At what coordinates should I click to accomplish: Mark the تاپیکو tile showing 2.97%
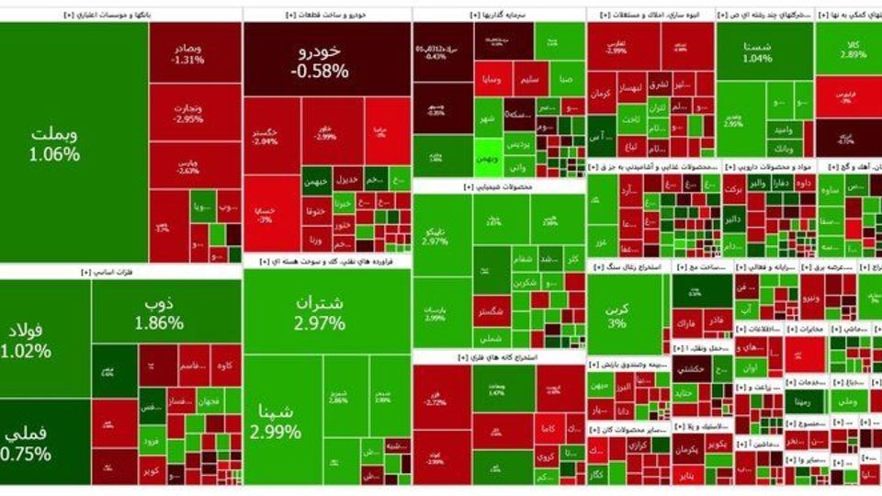coord(435,233)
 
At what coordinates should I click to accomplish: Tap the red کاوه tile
coord(226,366)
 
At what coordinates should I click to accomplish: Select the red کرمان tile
coord(601,95)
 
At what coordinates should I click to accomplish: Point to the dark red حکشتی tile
coord(688,368)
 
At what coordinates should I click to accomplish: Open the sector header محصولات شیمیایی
coord(498,186)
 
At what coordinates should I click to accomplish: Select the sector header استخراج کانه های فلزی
coord(498,356)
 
